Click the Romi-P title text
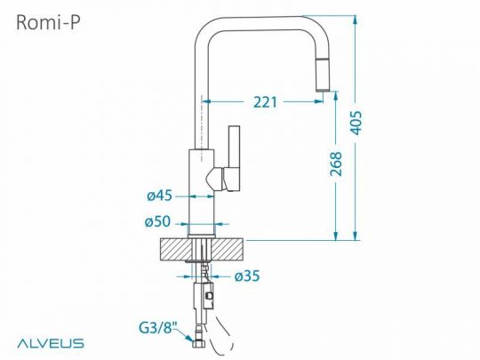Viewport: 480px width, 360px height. [48, 22]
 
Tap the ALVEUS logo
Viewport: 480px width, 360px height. [51, 343]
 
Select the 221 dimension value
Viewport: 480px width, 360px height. [265, 102]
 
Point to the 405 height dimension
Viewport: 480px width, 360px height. [356, 123]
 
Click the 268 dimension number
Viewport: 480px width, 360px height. [336, 164]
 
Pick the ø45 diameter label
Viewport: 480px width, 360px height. [159, 196]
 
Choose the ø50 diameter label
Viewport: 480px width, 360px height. [157, 221]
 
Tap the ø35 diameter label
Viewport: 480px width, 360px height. [247, 276]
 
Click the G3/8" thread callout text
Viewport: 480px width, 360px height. [158, 328]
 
